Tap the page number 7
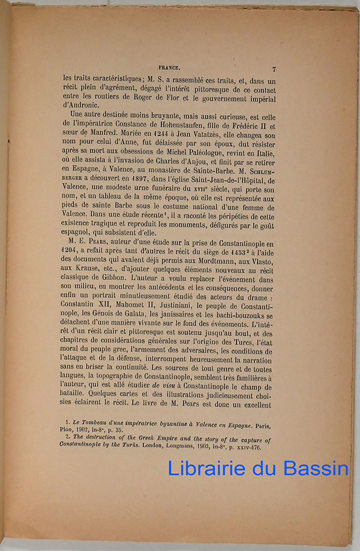273,69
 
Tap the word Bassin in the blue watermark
316,469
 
